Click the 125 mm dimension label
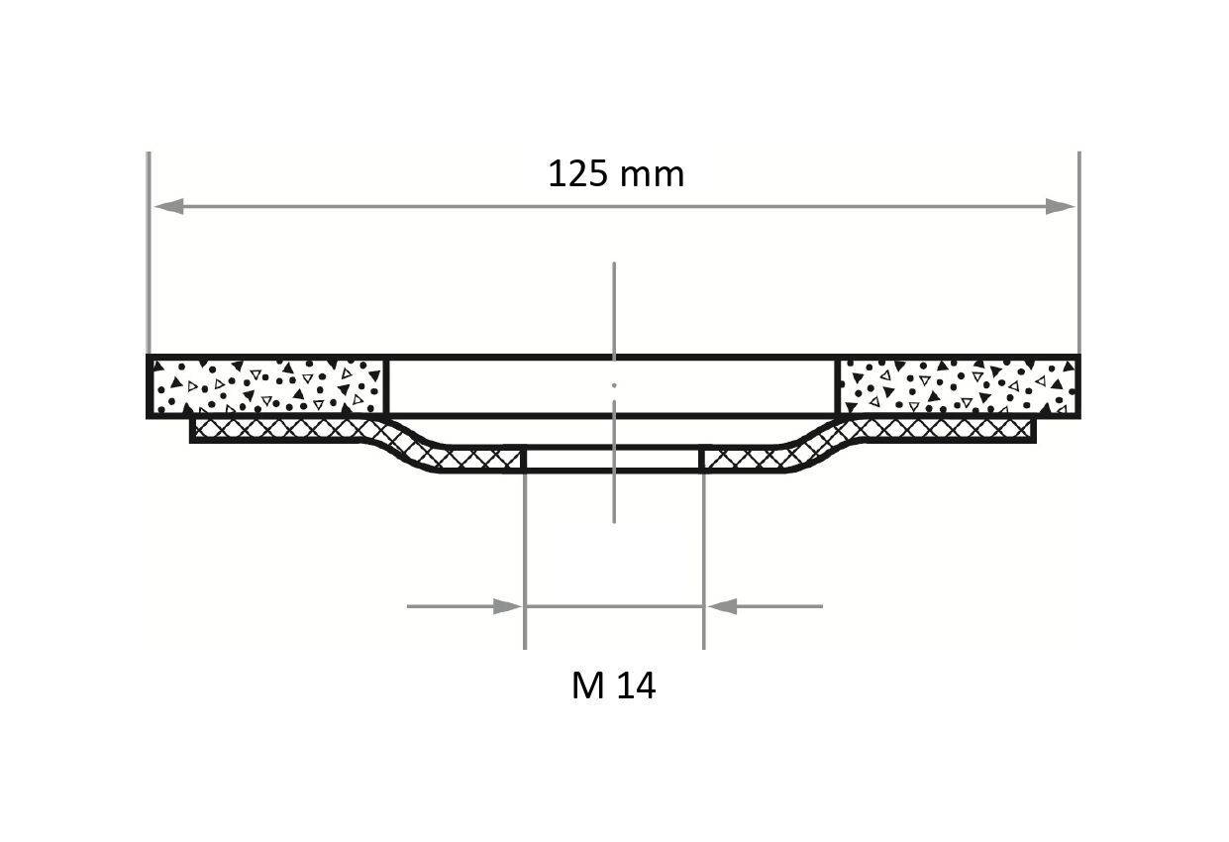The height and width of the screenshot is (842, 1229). pos(615,174)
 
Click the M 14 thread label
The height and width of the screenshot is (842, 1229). pos(613,685)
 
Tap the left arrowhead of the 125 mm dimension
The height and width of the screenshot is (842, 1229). pos(166,206)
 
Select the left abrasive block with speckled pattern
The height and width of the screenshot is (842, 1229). pos(267,386)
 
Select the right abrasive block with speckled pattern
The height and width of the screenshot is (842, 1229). pos(958,386)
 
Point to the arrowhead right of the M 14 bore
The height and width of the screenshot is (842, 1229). pos(722,606)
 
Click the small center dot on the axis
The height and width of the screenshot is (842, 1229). pos(614,384)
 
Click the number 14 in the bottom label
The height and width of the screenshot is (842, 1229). pos(637,685)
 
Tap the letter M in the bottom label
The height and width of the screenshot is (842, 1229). pos(587,685)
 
